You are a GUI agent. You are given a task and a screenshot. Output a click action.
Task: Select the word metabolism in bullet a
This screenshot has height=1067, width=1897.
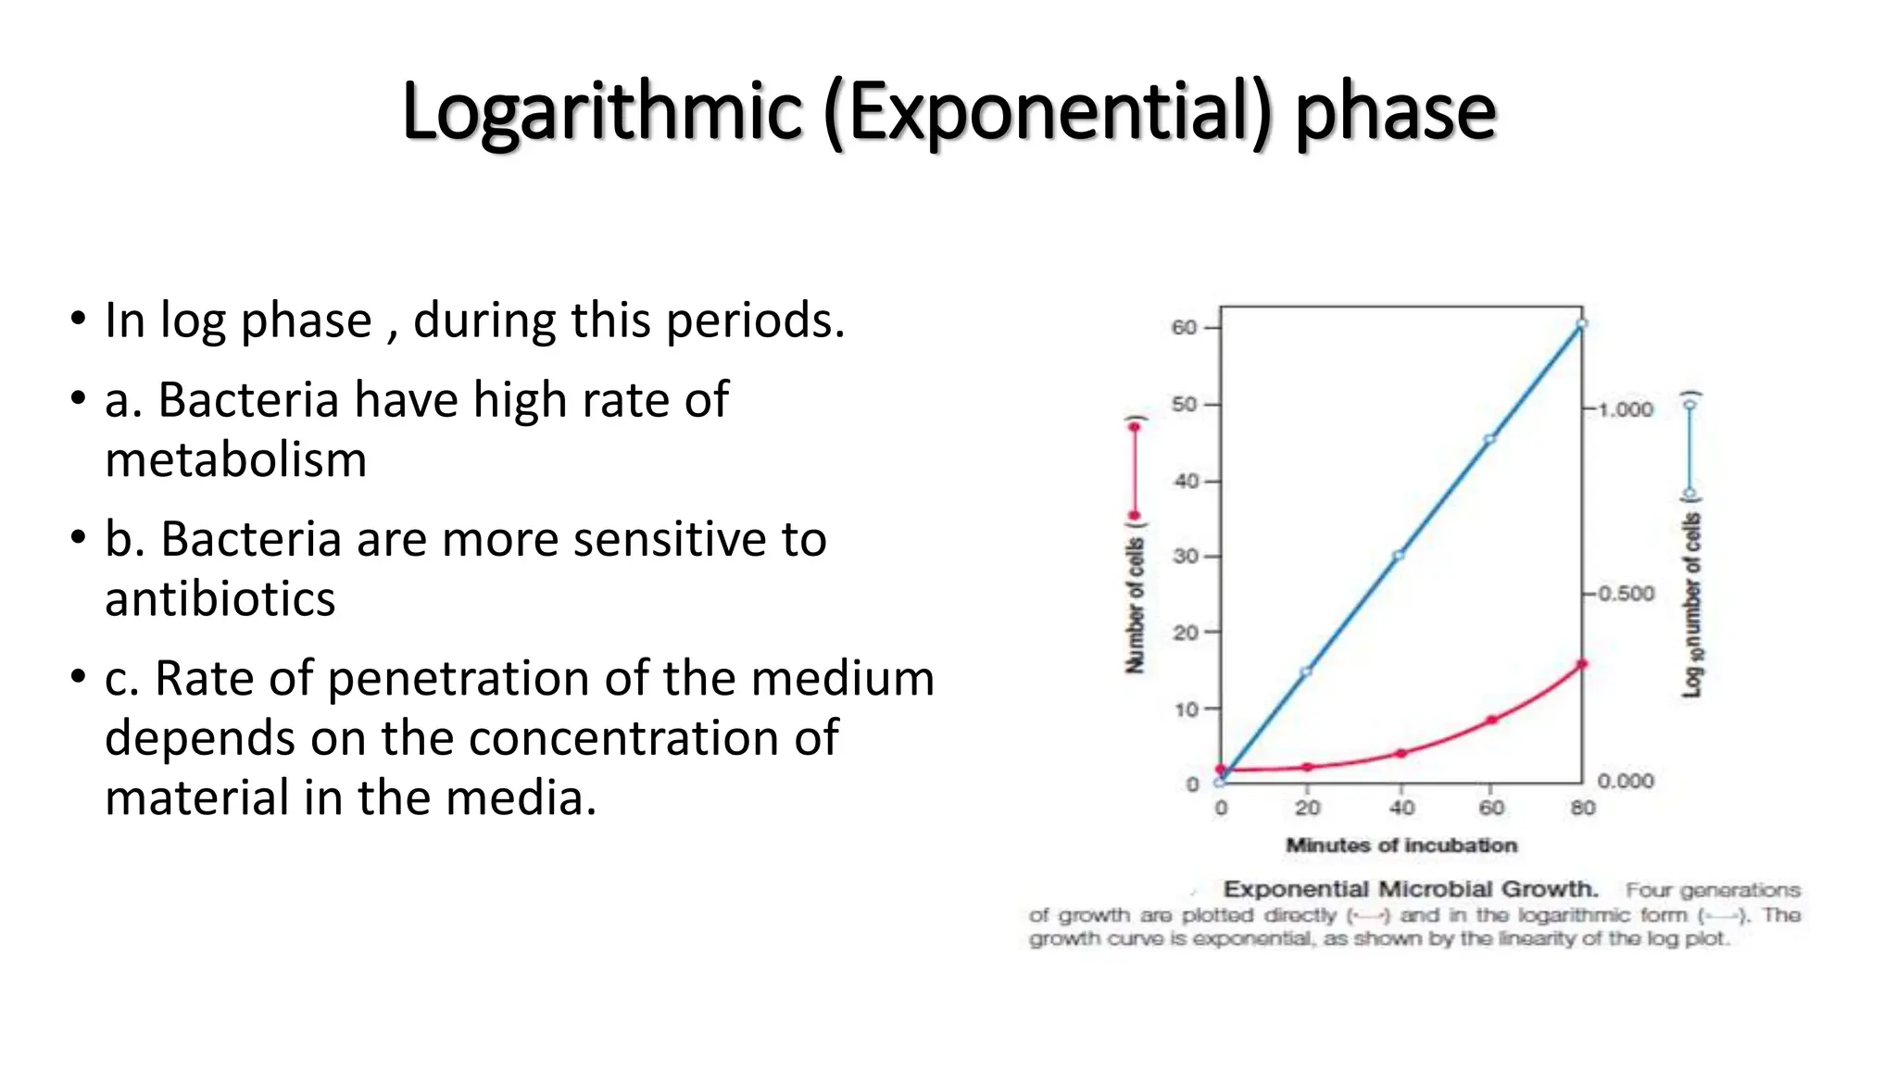pyautogui.click(x=235, y=459)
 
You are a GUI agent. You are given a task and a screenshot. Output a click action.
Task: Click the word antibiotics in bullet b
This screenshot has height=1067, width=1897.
pyautogui.click(x=220, y=598)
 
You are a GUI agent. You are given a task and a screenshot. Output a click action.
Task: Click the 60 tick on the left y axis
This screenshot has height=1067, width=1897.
pyautogui.click(x=1185, y=327)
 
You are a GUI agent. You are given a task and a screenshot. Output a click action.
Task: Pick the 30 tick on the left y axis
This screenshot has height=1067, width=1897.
pyautogui.click(x=1185, y=556)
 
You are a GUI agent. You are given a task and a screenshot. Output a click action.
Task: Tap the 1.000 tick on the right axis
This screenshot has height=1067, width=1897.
pyautogui.click(x=1626, y=409)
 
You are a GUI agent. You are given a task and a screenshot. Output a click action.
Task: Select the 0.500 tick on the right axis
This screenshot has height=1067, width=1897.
pyautogui.click(x=1626, y=594)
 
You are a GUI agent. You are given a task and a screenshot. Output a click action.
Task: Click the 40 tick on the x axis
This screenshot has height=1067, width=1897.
pyautogui.click(x=1401, y=808)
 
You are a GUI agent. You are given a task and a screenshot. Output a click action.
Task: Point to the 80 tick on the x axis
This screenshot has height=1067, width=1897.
pyautogui.click(x=1582, y=808)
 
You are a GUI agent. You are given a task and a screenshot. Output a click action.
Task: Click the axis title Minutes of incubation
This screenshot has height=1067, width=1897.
pyautogui.click(x=1401, y=845)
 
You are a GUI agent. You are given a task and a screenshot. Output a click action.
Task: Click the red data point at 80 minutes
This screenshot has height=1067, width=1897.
pyautogui.click(x=1582, y=664)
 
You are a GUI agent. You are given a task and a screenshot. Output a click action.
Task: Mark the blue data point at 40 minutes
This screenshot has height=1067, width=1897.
pyautogui.click(x=1399, y=556)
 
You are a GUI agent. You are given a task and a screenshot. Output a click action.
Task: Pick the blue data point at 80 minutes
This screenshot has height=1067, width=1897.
pyautogui.click(x=1582, y=324)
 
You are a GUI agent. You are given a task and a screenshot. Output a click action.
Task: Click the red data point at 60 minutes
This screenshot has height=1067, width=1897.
pyautogui.click(x=1492, y=720)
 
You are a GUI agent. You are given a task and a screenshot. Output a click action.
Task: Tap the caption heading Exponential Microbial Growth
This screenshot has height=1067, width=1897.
pyautogui.click(x=1411, y=889)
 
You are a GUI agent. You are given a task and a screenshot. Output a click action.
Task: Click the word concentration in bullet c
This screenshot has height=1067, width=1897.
pyautogui.click(x=630, y=738)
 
